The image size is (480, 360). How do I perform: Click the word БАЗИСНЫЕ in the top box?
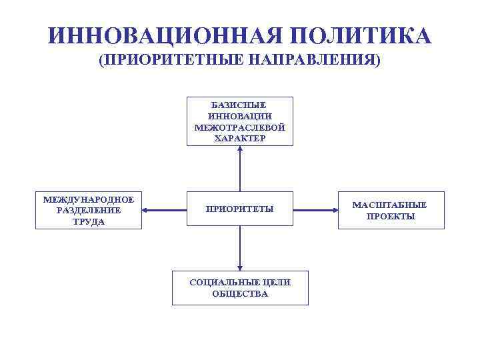pyautogui.click(x=240, y=105)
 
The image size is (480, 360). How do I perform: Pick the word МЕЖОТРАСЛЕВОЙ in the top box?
pyautogui.click(x=240, y=127)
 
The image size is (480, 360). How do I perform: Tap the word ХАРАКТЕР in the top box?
pyautogui.click(x=240, y=138)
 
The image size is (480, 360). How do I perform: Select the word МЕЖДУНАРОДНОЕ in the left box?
pyautogui.click(x=89, y=199)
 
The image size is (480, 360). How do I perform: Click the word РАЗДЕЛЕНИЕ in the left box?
pyautogui.click(x=89, y=211)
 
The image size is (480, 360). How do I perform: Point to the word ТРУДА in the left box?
pyautogui.click(x=89, y=221)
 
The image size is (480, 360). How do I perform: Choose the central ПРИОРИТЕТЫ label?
pyautogui.click(x=240, y=209)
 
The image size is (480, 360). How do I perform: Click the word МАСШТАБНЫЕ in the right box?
pyautogui.click(x=390, y=205)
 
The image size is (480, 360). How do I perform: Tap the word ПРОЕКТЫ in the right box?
pyautogui.click(x=391, y=216)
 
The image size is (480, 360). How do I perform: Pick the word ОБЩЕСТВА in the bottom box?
pyautogui.click(x=240, y=293)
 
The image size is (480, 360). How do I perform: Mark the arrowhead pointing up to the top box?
pyautogui.click(x=240, y=149)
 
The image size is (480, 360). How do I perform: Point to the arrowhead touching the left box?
pyautogui.click(x=146, y=211)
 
